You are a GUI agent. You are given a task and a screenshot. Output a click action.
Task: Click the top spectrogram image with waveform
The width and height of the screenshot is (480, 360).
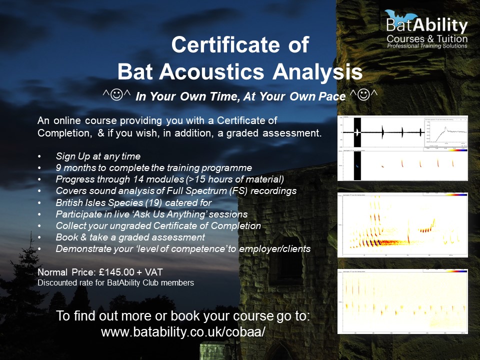402,148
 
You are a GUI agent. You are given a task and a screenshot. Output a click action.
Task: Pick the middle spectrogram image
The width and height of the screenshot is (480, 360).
402,224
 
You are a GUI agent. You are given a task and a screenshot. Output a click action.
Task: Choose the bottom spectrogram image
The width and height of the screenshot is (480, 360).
402,301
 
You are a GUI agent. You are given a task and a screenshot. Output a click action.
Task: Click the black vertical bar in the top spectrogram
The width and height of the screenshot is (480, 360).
357,148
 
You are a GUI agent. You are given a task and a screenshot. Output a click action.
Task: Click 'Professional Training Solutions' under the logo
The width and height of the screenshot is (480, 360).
427,46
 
